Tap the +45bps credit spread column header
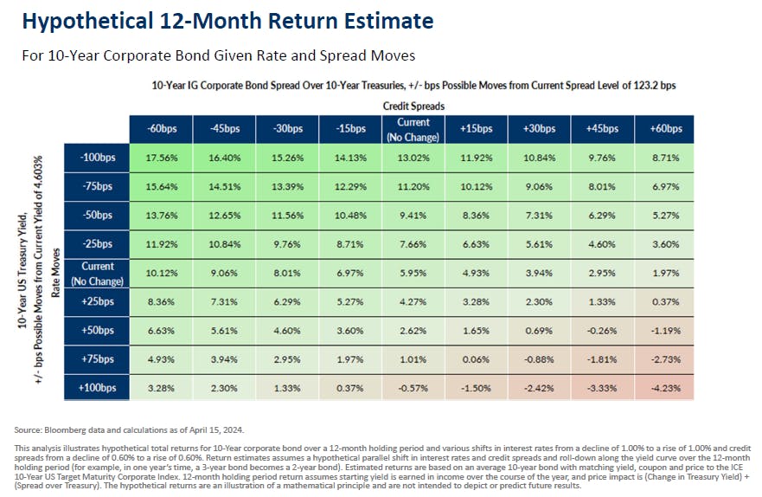(601, 128)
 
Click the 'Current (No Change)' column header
(411, 128)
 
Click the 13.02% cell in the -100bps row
(411, 158)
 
